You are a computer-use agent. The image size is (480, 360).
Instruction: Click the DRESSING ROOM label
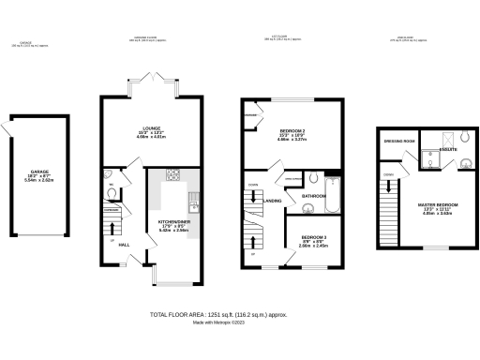(398, 141)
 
